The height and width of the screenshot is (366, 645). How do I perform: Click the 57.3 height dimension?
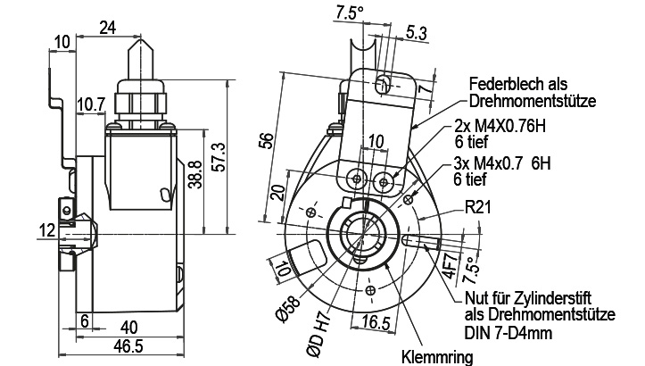(x=220, y=157)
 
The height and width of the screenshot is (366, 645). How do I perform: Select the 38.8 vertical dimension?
(x=195, y=175)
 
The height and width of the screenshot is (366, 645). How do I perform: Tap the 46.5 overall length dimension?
(x=128, y=346)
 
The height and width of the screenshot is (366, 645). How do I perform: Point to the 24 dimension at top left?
(x=108, y=28)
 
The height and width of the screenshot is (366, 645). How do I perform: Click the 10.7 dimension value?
(x=91, y=104)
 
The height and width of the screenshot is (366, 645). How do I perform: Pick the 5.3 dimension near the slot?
(x=417, y=33)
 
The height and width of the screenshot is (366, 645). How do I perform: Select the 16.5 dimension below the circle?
(x=376, y=322)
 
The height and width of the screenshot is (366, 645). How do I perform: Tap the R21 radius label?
(x=478, y=207)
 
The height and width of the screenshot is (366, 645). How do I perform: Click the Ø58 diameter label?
(x=288, y=309)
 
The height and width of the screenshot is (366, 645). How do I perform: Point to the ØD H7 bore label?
(x=318, y=334)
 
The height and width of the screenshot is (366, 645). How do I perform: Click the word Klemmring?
(x=437, y=357)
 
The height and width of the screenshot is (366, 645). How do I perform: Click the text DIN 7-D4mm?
(x=509, y=332)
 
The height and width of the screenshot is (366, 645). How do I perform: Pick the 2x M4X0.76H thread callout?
(x=500, y=126)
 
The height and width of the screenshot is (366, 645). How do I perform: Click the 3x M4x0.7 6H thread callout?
(x=502, y=164)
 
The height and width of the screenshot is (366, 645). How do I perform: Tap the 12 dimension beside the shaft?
(x=47, y=230)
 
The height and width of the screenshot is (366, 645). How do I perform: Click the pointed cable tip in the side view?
(x=141, y=37)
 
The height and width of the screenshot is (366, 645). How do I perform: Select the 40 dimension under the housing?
(x=128, y=328)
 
